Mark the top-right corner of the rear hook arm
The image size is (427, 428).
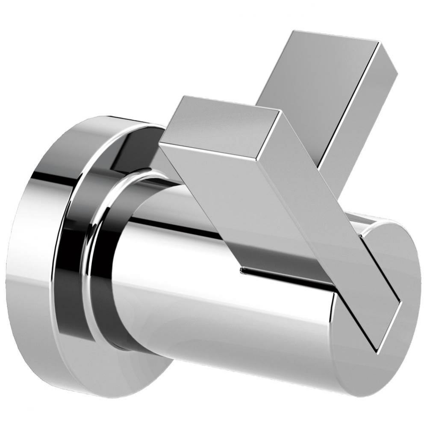pos(379,42)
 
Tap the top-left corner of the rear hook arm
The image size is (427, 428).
pos(293,31)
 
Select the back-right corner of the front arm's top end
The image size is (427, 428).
pos(280,111)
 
